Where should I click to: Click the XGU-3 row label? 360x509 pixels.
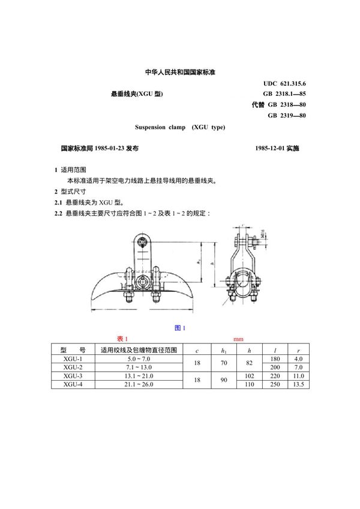pos(72,375)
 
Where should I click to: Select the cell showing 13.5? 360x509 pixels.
pos(295,384)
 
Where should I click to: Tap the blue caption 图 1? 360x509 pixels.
pos(179,327)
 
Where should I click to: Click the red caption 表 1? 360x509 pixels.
pos(122,339)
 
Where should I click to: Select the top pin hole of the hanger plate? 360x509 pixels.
pos(142,243)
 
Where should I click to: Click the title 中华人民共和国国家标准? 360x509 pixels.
pos(180,72)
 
